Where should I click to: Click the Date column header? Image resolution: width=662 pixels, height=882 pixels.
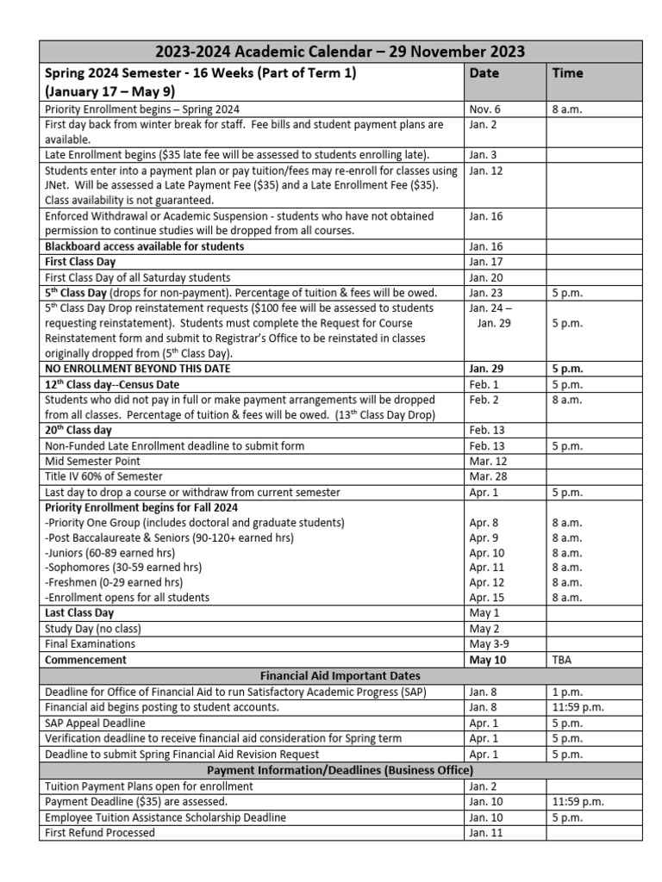click(484, 73)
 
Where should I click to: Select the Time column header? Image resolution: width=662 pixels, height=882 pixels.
click(567, 73)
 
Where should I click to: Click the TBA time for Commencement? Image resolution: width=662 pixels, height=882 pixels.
click(563, 660)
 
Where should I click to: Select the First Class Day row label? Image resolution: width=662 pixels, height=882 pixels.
click(78, 261)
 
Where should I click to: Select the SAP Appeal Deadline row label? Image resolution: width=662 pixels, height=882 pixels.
click(95, 723)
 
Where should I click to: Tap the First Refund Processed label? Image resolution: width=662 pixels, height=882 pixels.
click(100, 833)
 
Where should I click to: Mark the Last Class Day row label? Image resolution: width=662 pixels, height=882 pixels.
click(78, 613)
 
